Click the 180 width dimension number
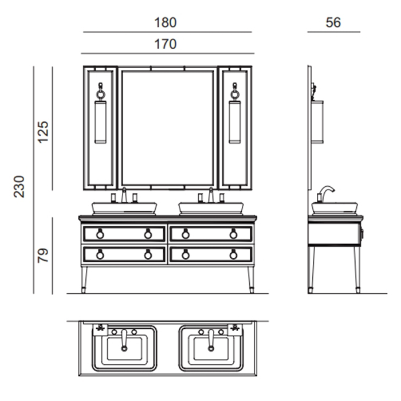[166, 23]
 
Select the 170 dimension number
[166, 44]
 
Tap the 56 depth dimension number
[333, 23]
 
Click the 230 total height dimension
[20, 186]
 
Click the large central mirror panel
[167, 127]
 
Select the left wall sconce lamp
[100, 117]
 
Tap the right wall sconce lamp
[235, 117]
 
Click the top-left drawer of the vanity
[124, 233]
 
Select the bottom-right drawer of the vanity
[210, 254]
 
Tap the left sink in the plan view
[124, 347]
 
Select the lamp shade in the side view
[318, 120]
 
